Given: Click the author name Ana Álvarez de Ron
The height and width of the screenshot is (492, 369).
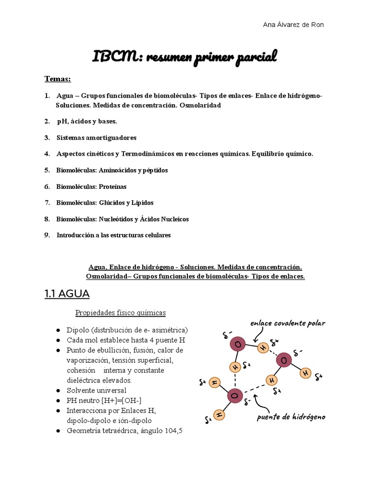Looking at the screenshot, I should pyautogui.click(x=294, y=25).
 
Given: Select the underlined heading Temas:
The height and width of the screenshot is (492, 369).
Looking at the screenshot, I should pyautogui.click(x=58, y=78).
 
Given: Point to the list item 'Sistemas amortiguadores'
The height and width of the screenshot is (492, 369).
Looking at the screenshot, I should pyautogui.click(x=96, y=138).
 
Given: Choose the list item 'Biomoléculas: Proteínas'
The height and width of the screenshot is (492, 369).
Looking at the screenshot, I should pyautogui.click(x=91, y=186).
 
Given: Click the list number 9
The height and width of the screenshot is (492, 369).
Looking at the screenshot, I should pyautogui.click(x=47, y=235).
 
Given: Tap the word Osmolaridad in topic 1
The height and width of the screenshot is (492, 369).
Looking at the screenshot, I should pyautogui.click(x=200, y=105).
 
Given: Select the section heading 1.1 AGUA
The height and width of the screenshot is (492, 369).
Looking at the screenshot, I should pyautogui.click(x=67, y=293).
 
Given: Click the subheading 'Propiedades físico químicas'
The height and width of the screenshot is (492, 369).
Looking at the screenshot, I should pyautogui.click(x=120, y=313).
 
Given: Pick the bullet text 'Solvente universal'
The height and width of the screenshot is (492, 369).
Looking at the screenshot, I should pyautogui.click(x=97, y=390).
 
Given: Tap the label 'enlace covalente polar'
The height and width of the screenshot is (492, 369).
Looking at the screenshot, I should pyautogui.click(x=288, y=323).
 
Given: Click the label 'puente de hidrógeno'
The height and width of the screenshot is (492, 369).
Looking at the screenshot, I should pyautogui.click(x=291, y=417).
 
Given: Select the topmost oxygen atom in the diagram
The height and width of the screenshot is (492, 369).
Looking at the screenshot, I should pyautogui.click(x=238, y=344).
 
